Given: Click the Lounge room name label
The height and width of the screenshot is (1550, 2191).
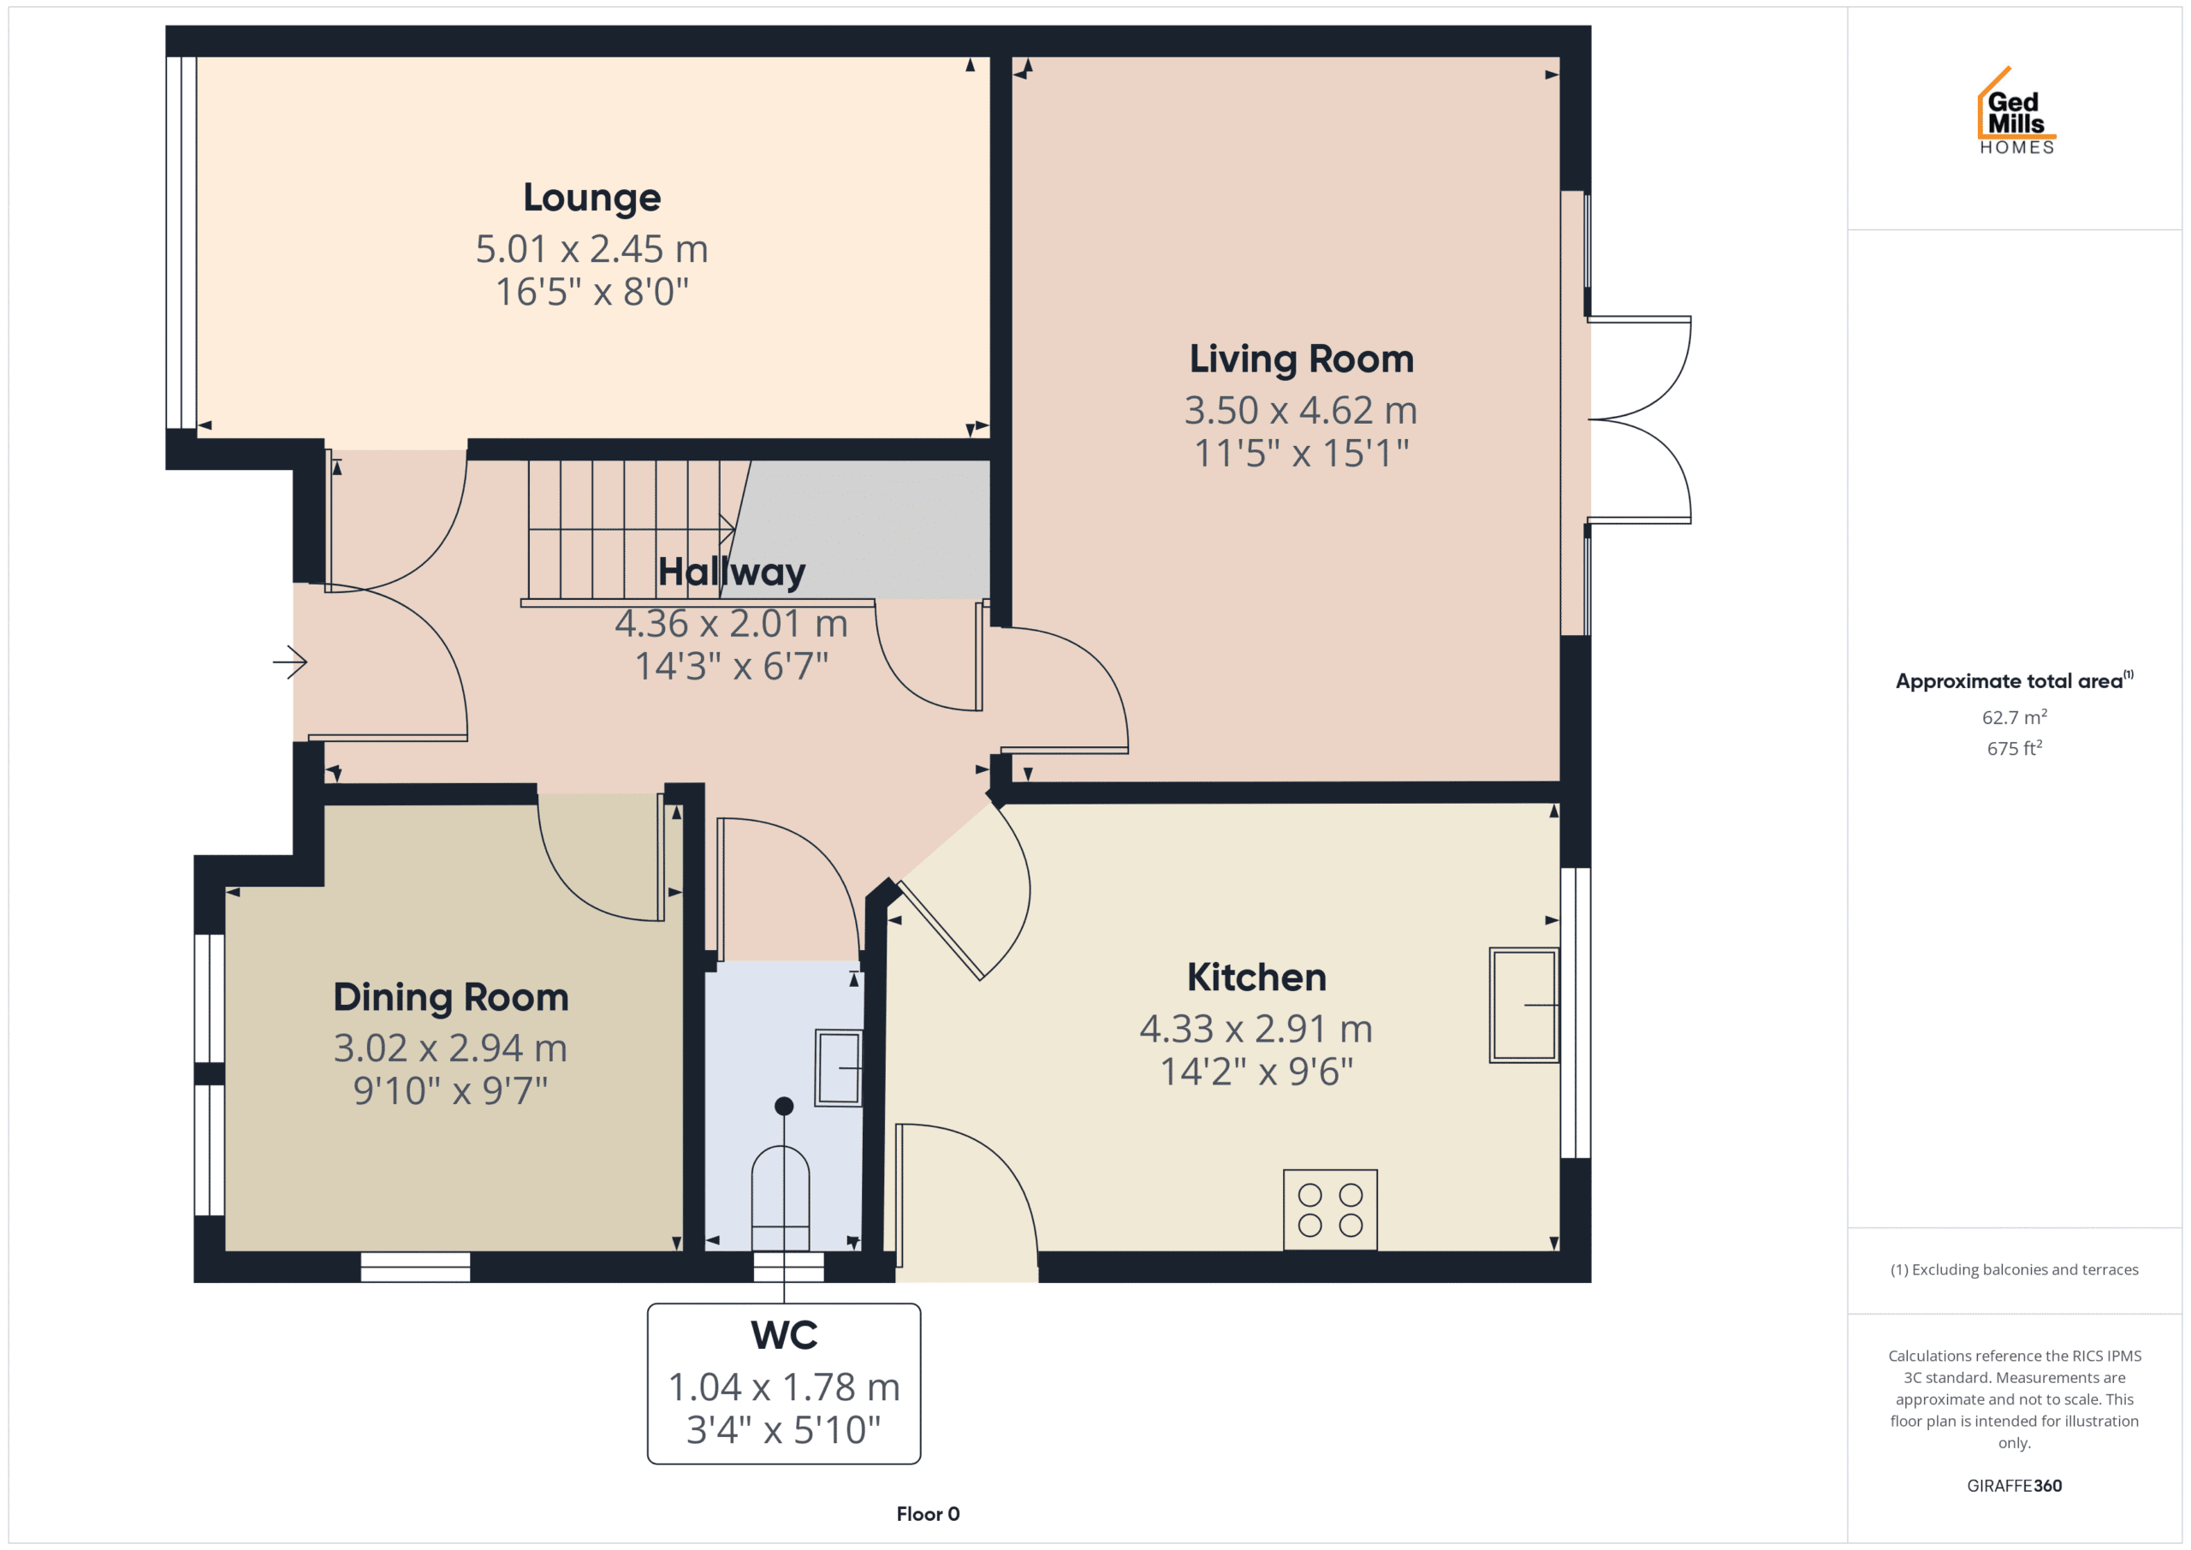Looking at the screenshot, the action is coord(591,199).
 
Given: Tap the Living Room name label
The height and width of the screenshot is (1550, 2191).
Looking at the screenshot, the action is coord(1301,359).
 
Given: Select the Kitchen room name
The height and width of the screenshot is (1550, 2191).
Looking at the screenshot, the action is coord(1256,977).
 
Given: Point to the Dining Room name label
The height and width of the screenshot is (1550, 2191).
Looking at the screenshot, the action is coord(450,997).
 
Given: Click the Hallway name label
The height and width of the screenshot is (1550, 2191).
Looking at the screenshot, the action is coord(732,573).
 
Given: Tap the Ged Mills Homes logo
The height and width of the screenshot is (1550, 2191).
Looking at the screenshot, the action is coord(2016,110).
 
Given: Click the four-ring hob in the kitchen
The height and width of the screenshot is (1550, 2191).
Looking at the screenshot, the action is coord(1329,1209).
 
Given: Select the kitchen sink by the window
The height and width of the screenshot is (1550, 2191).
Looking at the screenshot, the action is coord(1524,1005).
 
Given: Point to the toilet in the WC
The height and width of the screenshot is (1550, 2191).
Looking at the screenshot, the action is coord(781,1198).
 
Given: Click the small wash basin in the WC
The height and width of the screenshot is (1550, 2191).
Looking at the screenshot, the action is coord(839,1068).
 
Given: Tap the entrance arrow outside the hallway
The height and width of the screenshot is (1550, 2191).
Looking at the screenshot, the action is coord(290,662).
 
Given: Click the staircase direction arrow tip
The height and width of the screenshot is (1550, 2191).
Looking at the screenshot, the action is coord(733,529).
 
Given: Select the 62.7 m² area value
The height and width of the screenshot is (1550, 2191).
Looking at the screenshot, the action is coord(2014,716).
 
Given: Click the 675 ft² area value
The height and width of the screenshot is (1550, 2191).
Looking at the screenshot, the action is coord(2014,748).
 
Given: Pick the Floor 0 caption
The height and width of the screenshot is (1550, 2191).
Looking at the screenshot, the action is coord(928,1514).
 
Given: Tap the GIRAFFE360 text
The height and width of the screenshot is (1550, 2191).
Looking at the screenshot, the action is coord(2014,1485).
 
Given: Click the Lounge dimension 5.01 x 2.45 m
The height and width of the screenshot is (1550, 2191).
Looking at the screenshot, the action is coord(591,249).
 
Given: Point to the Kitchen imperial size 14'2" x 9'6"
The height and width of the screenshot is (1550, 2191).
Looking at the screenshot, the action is coord(1256,1072).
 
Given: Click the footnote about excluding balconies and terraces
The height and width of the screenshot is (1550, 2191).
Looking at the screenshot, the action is coord(2014,1269).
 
